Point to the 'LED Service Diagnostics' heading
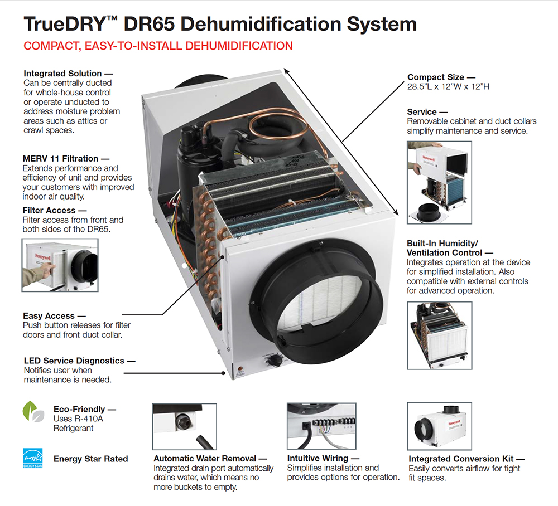click(x=74, y=361)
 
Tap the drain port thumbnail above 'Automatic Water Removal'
click(x=184, y=426)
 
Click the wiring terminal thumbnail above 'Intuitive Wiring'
click(x=321, y=426)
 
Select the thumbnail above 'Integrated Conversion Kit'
click(x=439, y=427)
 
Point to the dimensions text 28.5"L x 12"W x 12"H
click(x=449, y=87)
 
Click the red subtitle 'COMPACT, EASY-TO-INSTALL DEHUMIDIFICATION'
click(x=158, y=46)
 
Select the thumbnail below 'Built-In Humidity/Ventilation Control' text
click(x=439, y=335)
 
